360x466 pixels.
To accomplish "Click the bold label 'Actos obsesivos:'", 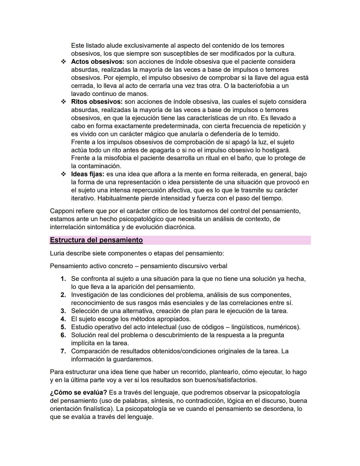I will click(97, 62).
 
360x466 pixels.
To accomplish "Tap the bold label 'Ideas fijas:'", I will click(88, 174).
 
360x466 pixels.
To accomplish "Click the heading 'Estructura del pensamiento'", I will click(96, 240).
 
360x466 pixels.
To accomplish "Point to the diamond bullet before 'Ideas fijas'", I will click(63, 174).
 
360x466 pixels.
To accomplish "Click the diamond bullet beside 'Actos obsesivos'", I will click(63, 62).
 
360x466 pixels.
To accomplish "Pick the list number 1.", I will click(63, 279).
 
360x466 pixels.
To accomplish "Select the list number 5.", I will click(63, 327).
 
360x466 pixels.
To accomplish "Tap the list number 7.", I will click(63, 351).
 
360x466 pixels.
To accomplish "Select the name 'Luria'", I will click(57, 254).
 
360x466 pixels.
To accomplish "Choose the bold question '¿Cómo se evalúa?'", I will click(78, 393).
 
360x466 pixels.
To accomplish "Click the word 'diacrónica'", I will click(178, 227).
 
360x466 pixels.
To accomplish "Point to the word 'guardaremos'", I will click(133, 359).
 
